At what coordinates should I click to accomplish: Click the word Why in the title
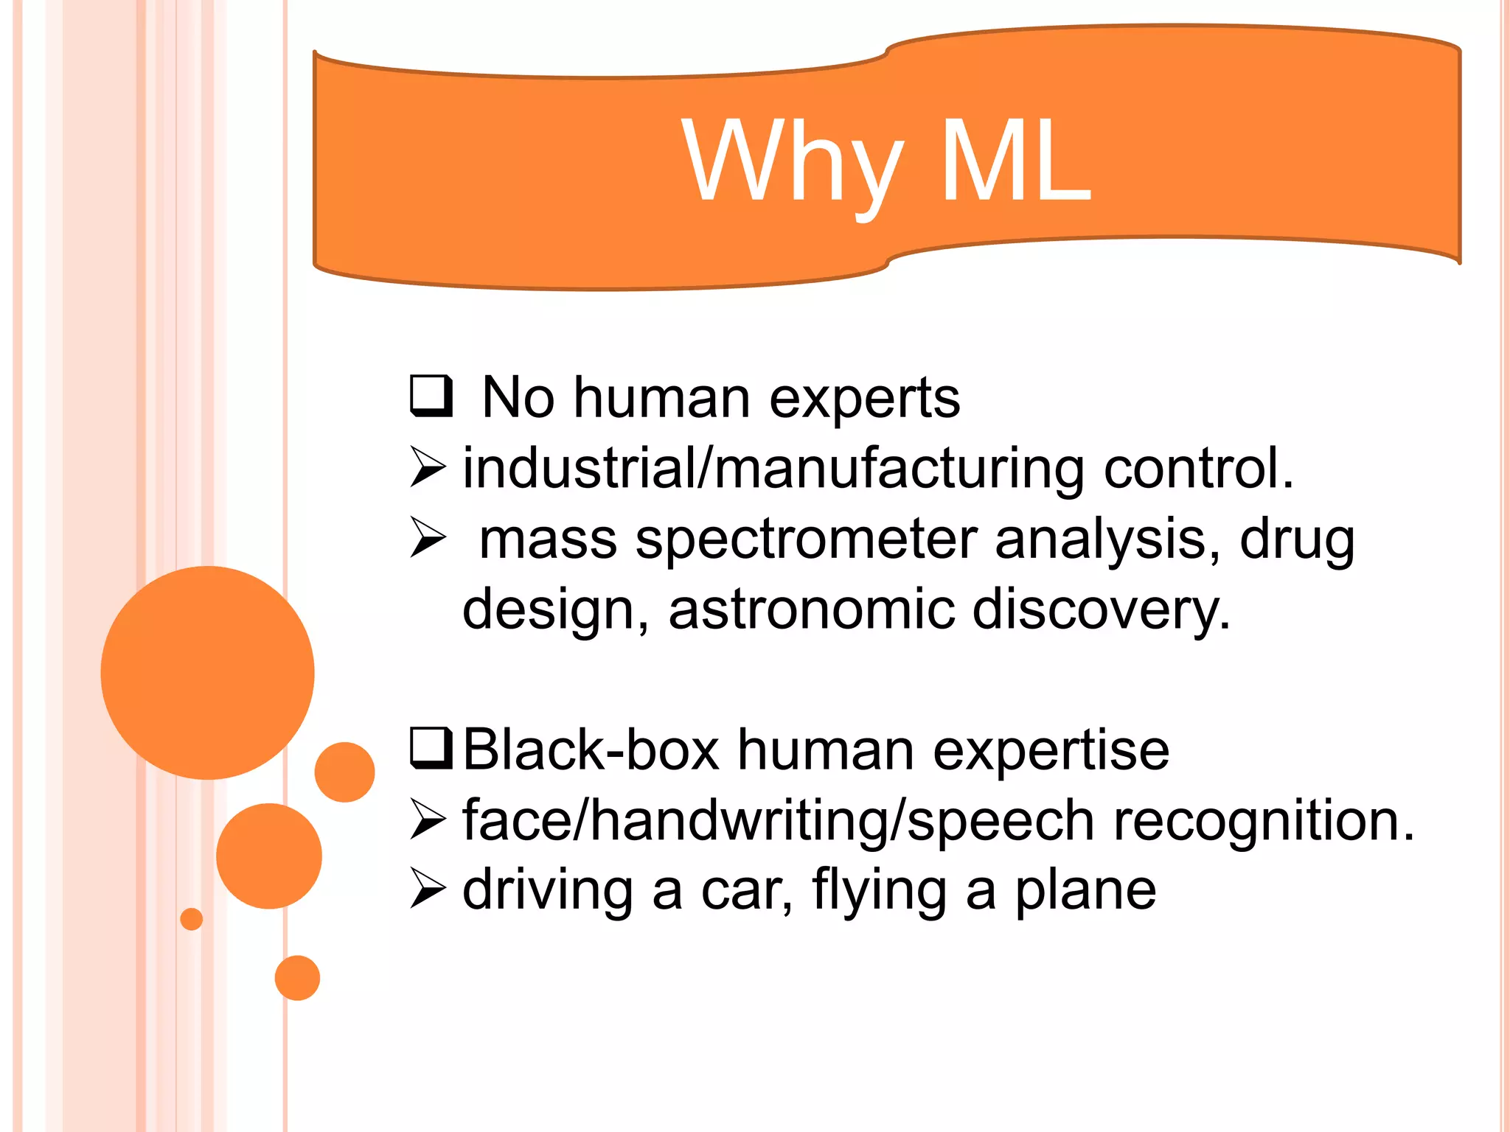792,162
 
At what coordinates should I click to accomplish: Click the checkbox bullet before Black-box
431,748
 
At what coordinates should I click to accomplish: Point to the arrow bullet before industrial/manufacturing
428,467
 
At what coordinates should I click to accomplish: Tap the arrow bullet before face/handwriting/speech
428,820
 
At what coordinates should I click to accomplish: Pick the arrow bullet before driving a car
428,888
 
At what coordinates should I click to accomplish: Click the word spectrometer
806,539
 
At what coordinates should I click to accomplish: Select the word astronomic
811,609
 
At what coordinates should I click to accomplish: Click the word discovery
1101,609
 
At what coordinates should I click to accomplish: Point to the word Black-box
591,750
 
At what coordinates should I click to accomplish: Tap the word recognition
1263,820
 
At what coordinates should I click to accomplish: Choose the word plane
1085,890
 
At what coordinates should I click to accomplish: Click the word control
1198,469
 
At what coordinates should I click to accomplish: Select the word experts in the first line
864,399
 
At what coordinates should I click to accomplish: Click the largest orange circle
207,672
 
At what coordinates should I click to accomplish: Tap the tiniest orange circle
191,919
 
